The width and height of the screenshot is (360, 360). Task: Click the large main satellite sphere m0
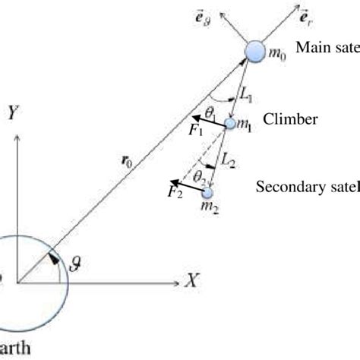click(x=255, y=52)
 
